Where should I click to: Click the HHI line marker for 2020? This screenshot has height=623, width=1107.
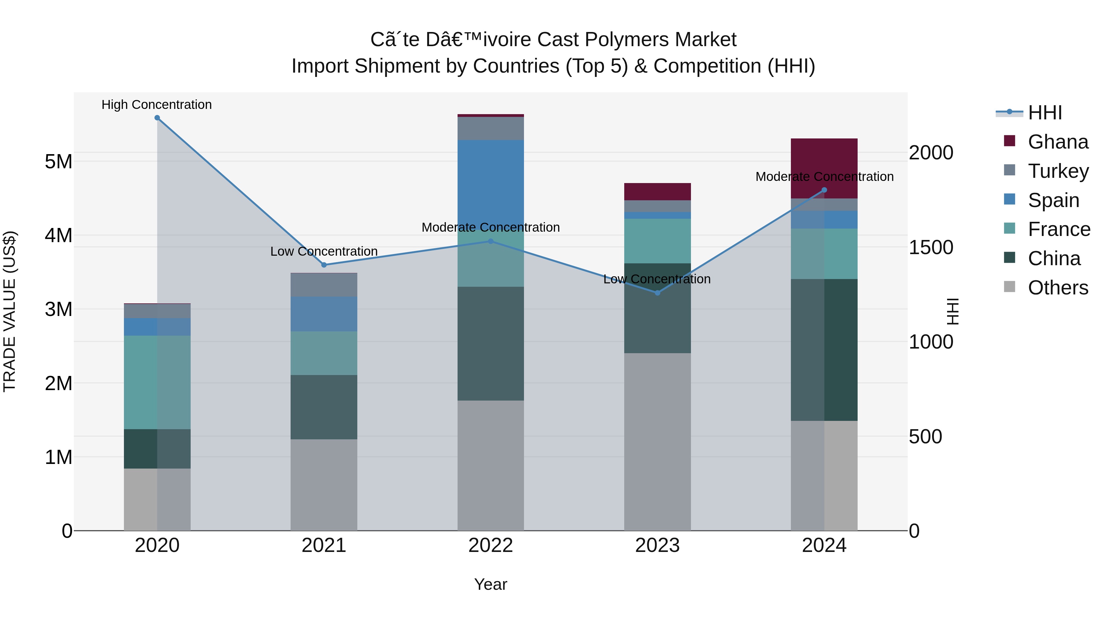pyautogui.click(x=157, y=118)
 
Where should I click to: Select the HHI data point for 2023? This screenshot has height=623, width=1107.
pyautogui.click(x=657, y=293)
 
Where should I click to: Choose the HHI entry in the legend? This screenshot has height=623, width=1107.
pyautogui.click(x=1044, y=113)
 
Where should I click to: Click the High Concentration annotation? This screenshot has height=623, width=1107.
pyautogui.click(x=157, y=105)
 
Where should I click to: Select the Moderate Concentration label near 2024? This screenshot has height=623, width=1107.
pyautogui.click(x=824, y=177)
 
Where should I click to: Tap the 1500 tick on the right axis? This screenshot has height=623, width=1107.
pyautogui.click(x=930, y=247)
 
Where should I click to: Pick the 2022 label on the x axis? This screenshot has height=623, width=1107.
pyautogui.click(x=490, y=545)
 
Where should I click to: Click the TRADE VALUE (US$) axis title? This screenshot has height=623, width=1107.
pyautogui.click(x=10, y=311)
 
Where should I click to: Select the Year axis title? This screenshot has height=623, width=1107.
pyautogui.click(x=490, y=584)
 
